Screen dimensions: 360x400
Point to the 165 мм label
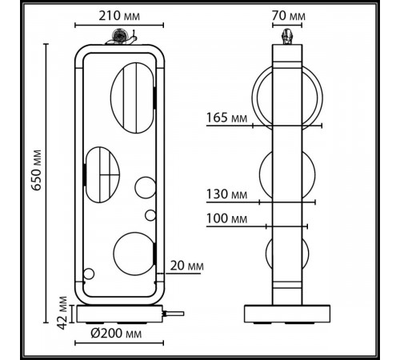[226, 118]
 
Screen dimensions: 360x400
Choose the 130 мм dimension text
[226, 194]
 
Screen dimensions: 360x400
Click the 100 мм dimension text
[226, 218]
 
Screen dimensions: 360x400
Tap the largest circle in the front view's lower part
[131, 254]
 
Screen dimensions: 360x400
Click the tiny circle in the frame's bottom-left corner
[89, 275]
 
